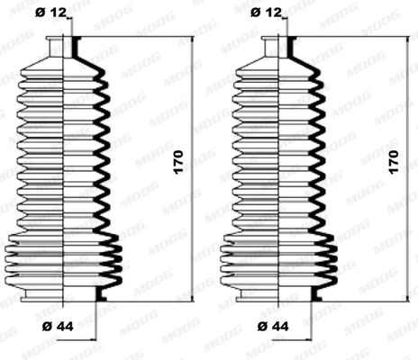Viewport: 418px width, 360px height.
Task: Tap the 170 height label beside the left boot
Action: tap(179, 162)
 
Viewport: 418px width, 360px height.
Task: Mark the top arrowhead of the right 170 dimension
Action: tap(406, 41)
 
